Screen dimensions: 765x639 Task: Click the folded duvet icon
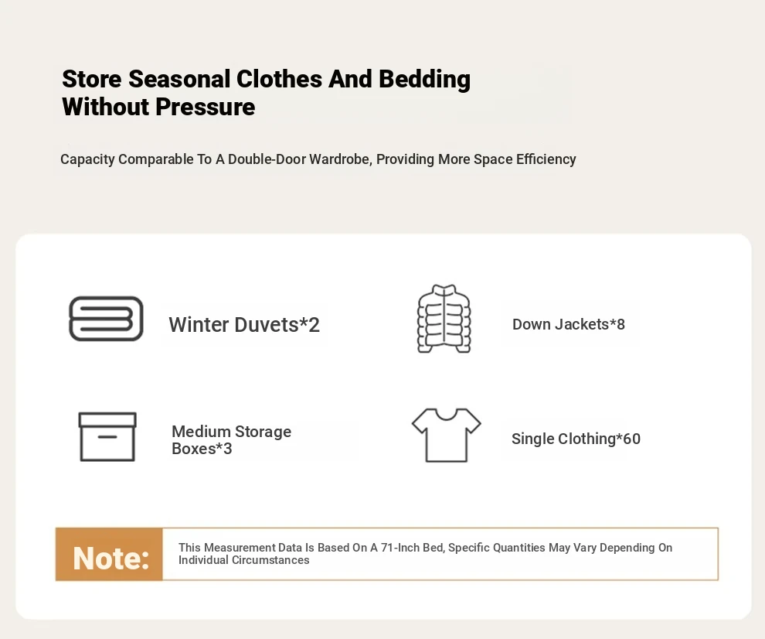[x=106, y=319]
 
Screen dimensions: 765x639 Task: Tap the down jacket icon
[x=444, y=319]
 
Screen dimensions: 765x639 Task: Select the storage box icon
[x=107, y=437]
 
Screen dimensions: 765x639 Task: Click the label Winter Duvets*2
[x=244, y=324]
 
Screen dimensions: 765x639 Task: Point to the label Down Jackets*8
[x=569, y=324]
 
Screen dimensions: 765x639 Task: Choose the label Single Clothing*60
[x=576, y=439]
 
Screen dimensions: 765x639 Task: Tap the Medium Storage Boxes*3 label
[x=231, y=439]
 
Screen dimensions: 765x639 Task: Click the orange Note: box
[x=109, y=555]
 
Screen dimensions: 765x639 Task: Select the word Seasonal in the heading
[x=179, y=79]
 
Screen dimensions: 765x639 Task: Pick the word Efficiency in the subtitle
[x=546, y=159]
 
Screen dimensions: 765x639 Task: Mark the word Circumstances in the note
[x=270, y=560]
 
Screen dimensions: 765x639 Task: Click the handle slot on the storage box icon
[x=107, y=436]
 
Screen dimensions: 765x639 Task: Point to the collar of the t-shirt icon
[x=447, y=415]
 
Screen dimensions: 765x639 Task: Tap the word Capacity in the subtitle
[x=87, y=159]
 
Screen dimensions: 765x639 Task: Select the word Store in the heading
[x=92, y=79]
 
